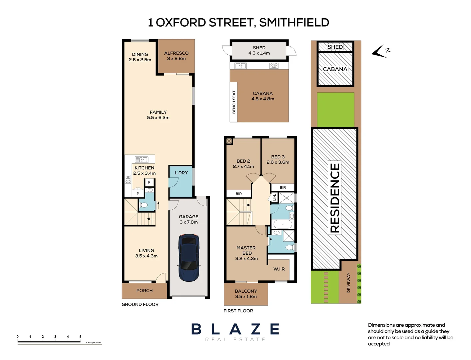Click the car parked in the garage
pos(189,258)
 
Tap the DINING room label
pos(140,54)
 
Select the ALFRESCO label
pos(176,53)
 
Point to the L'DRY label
pos(181,173)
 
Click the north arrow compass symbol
pos(380,51)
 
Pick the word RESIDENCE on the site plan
pos(335,198)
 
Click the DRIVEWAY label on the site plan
pos(349,283)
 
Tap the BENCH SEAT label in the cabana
pos(234,102)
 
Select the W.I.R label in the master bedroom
pos(279,269)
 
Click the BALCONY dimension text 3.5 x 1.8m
pos(246,296)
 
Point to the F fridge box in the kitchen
pos(149,182)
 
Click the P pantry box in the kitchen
pos(138,194)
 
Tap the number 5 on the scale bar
pos(80,337)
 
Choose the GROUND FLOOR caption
pos(140,304)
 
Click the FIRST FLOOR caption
pos(238,311)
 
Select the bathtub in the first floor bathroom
pos(282,224)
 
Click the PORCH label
pos(145,291)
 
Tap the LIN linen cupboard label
pos(274,198)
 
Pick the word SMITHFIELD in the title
pos(294,23)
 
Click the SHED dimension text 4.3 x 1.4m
pos(259,53)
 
